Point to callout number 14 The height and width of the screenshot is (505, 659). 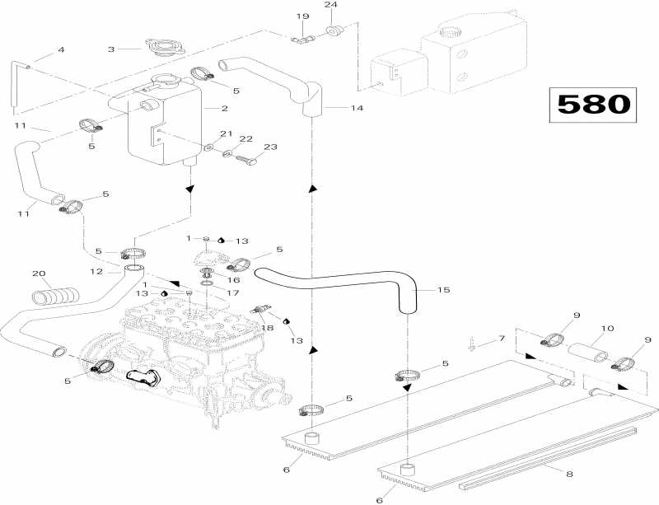click(333, 108)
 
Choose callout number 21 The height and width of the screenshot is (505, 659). click(222, 134)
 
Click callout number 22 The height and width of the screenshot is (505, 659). click(245, 140)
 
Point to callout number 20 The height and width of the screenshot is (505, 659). click(36, 274)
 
